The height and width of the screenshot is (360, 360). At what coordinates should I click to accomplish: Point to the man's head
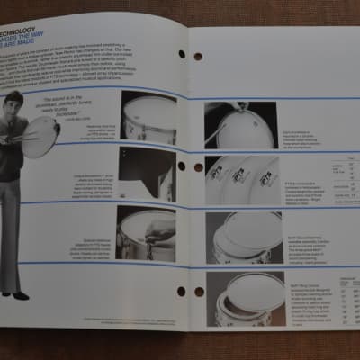click(16, 102)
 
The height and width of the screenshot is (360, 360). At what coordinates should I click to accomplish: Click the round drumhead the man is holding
click(40, 136)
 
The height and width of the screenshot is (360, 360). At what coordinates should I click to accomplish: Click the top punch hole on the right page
click(198, 56)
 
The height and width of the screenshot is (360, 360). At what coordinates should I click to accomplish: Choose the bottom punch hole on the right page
click(199, 292)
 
